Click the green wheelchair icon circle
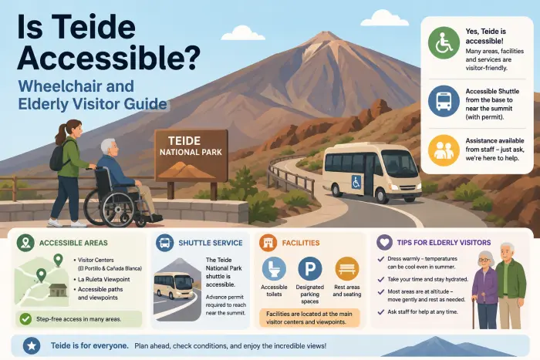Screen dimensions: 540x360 point(444,42)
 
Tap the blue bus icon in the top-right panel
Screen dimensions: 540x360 point(444,101)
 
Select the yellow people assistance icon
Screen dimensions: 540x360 point(444,150)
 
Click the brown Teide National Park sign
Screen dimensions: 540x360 point(191,156)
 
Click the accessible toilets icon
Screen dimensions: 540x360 point(274,269)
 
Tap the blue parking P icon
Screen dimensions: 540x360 point(310,269)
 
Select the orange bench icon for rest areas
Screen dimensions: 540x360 point(347,269)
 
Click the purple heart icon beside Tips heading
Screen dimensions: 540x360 point(385,242)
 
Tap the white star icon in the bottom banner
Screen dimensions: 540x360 point(32,346)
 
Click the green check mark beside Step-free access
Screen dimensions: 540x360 point(25,319)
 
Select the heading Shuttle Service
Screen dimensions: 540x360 point(211,243)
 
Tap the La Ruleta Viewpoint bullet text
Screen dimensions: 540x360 point(103,279)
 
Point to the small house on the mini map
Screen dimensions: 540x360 point(58,290)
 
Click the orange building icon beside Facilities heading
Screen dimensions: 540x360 point(268,242)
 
